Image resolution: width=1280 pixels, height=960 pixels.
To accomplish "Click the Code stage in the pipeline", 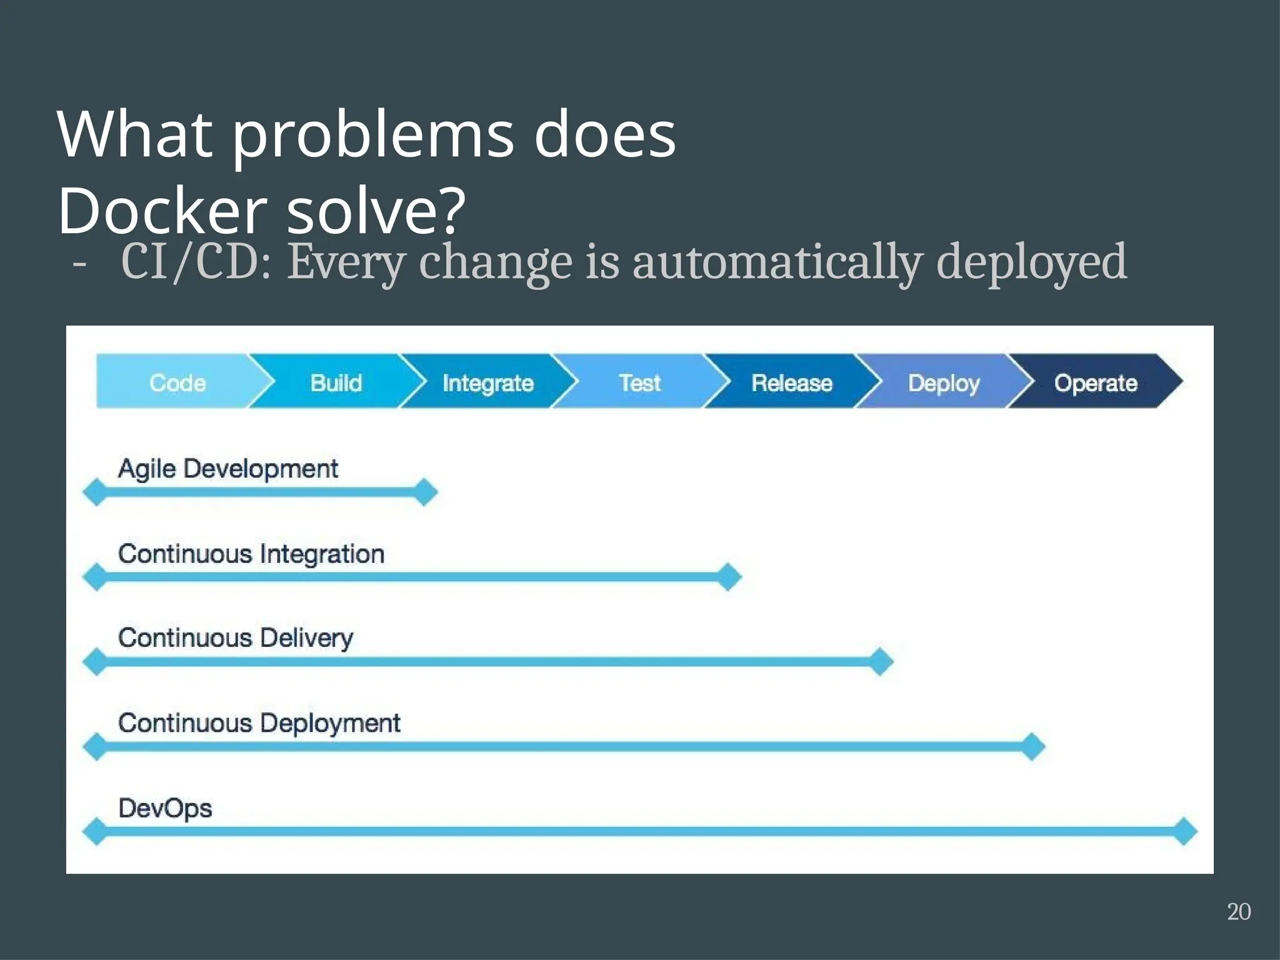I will pos(177,382).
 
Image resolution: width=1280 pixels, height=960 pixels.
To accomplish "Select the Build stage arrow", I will pos(336,382).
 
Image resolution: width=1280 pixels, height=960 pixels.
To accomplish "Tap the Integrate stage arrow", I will pos(487,382).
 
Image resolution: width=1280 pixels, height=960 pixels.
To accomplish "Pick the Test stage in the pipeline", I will pos(639,382).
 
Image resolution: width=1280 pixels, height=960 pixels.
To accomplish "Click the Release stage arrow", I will pos(791,382).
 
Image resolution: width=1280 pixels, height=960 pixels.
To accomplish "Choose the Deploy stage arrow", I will pos(943,382).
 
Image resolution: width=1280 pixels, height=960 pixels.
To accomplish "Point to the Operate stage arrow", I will pos(1095,382).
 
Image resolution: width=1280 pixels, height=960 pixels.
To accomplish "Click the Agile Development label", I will pos(227,469).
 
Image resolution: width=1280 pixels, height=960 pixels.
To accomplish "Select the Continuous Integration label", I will pos(251,554).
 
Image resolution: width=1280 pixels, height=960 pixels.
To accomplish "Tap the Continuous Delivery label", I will pos(235,638).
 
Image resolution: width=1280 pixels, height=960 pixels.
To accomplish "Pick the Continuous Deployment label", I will pos(259,723).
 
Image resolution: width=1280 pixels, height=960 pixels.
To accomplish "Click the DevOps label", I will pos(165,808).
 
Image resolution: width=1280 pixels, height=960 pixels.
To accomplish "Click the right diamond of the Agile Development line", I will pos(425,492).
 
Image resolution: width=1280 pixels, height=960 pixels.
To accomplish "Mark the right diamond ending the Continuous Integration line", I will pos(729,577).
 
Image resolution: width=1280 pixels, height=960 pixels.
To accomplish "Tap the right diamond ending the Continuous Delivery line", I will pos(881,662).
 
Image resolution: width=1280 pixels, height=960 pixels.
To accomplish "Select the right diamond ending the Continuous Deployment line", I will pos(1032,746).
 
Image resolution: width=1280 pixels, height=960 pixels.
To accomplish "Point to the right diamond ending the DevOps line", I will pos(1184,831).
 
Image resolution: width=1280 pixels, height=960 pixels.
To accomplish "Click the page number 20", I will pos(1238,912).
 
